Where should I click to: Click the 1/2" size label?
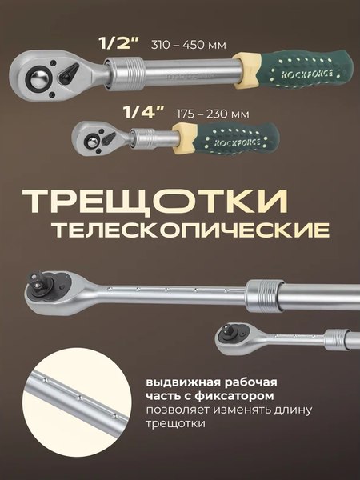(x=118, y=45)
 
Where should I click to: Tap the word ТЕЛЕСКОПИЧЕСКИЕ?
(x=190, y=230)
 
